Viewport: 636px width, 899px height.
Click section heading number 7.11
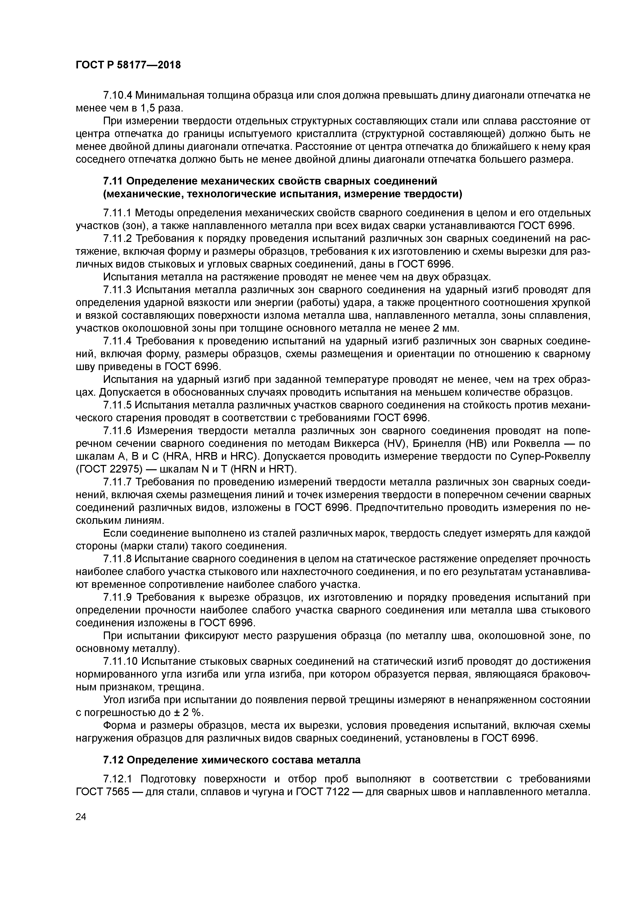point(113,181)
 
